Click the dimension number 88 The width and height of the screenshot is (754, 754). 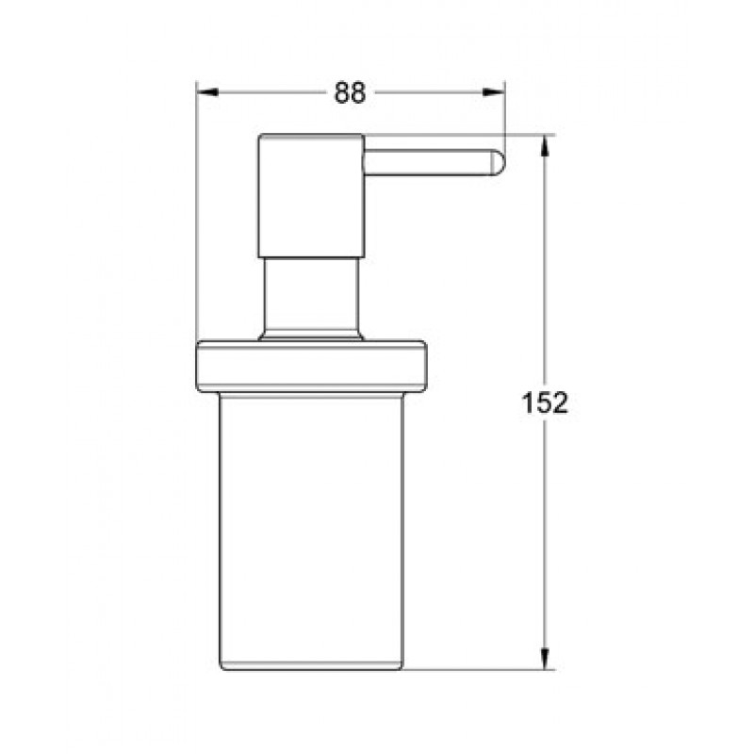(350, 92)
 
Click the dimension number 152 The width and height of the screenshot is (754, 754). (545, 402)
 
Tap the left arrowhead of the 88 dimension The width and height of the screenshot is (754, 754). (207, 91)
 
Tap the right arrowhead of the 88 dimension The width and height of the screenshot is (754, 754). (494, 91)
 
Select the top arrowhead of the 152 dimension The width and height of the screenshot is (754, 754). (545, 146)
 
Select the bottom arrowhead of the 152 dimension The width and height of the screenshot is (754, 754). (545, 658)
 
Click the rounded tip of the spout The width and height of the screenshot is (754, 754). (498, 162)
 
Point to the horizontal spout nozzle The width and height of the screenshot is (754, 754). (434, 162)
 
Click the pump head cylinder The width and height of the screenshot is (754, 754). (311, 196)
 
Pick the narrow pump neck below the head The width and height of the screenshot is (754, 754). (311, 293)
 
